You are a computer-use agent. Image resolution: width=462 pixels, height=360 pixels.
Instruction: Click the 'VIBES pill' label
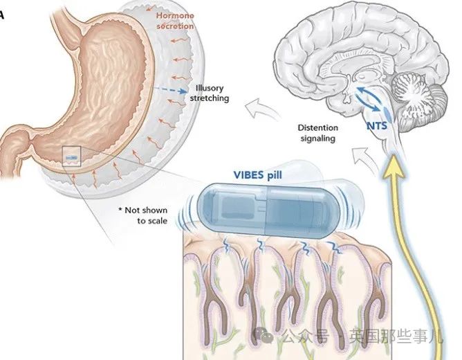pyautogui.click(x=258, y=175)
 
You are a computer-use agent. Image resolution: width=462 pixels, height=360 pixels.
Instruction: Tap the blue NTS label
pyautogui.click(x=377, y=126)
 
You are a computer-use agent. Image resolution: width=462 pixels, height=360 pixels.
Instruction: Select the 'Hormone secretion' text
pyautogui.click(x=175, y=21)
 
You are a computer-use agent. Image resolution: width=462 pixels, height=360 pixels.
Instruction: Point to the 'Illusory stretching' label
pyautogui.click(x=210, y=93)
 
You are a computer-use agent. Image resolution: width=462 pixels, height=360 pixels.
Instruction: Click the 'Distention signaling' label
pyautogui.click(x=318, y=133)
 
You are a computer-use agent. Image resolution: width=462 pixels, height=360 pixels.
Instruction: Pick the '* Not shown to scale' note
pyautogui.click(x=143, y=215)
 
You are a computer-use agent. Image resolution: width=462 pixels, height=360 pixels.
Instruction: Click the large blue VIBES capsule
pyautogui.click(x=268, y=210)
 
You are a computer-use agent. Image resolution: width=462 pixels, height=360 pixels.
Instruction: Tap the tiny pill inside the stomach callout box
pyautogui.click(x=72, y=158)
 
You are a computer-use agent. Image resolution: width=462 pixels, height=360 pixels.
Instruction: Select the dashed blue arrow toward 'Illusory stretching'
pyautogui.click(x=170, y=89)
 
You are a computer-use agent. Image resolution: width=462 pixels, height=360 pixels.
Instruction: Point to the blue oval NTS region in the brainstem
pyautogui.click(x=387, y=114)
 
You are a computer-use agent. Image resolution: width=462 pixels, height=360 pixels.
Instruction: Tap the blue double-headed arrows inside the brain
pyautogui.click(x=368, y=99)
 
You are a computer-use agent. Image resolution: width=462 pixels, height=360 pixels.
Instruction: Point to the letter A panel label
pyautogui.click(x=1, y=15)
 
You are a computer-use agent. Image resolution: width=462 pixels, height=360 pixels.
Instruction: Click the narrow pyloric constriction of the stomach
pyautogui.click(x=28, y=141)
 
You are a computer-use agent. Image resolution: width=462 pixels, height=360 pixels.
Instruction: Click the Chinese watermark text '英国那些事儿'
pyautogui.click(x=396, y=336)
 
